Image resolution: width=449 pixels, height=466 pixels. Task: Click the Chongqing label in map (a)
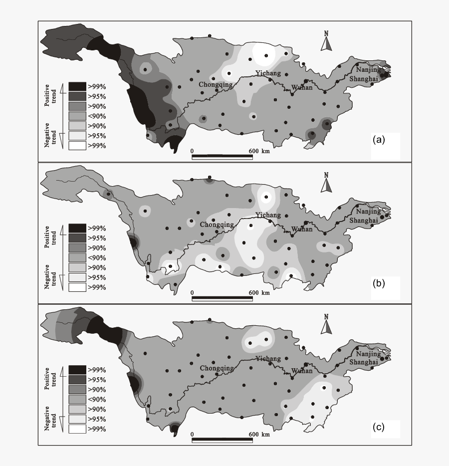pos(216,85)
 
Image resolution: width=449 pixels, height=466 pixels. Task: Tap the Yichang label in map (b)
pos(268,215)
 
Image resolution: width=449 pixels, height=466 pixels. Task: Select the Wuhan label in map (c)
pos(302,371)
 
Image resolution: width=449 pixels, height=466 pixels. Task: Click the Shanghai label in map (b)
pos(363,220)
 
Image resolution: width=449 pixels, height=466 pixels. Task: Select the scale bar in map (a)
pos(222,157)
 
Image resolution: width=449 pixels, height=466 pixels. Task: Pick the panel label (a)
pos(379,140)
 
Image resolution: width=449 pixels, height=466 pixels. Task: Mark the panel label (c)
pos(379,427)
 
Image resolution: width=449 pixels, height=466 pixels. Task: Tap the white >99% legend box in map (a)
pos(77,146)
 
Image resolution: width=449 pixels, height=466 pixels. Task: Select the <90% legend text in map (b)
pos(97,257)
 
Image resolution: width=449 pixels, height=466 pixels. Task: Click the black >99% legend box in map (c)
pos(77,370)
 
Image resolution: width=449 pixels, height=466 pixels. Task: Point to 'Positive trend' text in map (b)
pos(50,236)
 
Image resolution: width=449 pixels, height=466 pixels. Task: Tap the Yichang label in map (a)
pos(268,73)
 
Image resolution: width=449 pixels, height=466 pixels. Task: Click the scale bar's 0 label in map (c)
pos(192,435)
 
